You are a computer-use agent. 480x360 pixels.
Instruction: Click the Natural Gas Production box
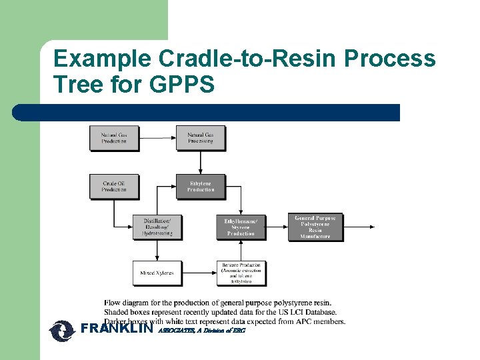coord(113,138)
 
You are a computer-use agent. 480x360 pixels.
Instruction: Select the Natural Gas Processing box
coord(201,138)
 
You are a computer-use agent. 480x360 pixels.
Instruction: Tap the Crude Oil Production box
coord(113,187)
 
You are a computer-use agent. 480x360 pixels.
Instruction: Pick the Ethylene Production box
coord(201,187)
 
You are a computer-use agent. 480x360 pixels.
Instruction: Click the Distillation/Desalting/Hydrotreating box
coord(157,227)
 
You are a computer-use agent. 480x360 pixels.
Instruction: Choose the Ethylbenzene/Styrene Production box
coord(241,227)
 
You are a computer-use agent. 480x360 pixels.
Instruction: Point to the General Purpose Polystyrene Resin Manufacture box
coord(315,227)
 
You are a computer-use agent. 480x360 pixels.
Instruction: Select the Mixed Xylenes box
coord(157,273)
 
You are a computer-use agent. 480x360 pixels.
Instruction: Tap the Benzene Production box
coord(241,273)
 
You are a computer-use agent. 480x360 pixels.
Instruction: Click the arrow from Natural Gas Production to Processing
coord(157,138)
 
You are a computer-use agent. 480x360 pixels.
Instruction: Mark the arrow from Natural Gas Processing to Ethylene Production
coord(201,162)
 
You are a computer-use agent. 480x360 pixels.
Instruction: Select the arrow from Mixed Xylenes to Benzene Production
coord(199,273)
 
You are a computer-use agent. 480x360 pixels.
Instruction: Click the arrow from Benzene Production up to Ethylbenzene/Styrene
coord(241,250)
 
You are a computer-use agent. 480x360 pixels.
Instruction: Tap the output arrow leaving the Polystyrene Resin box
coord(360,227)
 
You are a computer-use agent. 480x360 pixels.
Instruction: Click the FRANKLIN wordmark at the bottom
coord(117,329)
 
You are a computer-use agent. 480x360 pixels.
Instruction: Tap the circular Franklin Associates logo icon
coord(63,331)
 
